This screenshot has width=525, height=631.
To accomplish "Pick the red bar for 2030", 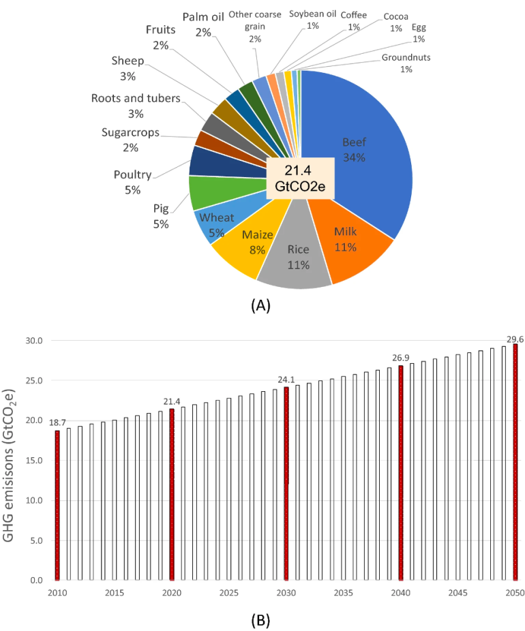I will pyautogui.click(x=286, y=484).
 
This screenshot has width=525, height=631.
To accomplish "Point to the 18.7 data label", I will pyautogui.click(x=57, y=423).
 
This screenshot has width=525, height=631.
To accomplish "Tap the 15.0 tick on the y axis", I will pyautogui.click(x=33, y=461).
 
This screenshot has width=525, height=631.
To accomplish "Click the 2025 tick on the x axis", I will pyautogui.click(x=229, y=594).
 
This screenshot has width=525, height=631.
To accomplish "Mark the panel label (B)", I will pyautogui.click(x=260, y=619).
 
